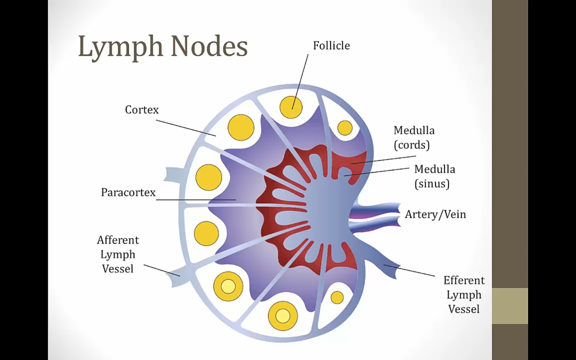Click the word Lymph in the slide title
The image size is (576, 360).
tap(120, 47)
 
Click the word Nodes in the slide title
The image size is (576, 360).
tap(209, 47)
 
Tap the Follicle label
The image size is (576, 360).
tap(331, 46)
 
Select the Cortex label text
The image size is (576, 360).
tap(142, 110)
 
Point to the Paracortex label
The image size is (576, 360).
tap(128, 192)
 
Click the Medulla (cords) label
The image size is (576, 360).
tap(414, 138)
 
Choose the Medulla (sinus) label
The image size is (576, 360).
tap(434, 176)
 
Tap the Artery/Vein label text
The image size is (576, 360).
tap(435, 214)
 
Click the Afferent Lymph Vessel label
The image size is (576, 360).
tap(118, 254)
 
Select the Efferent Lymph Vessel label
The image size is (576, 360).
tap(464, 295)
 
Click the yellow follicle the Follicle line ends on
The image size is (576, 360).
tap(291, 107)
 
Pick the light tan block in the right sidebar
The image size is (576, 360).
tap(510, 306)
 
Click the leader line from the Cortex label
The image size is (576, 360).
tap(186, 128)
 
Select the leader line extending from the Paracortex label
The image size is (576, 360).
tap(196, 200)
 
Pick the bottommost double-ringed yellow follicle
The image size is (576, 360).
tap(283, 316)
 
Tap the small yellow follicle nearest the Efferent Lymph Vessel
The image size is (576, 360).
tap(337, 298)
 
